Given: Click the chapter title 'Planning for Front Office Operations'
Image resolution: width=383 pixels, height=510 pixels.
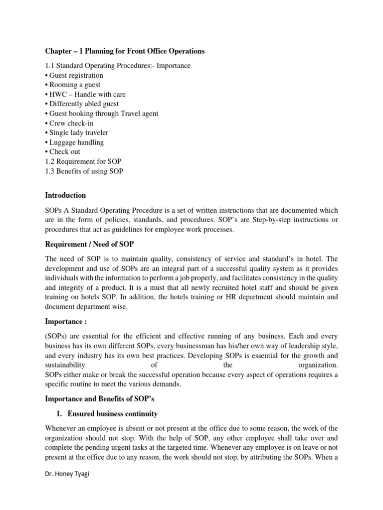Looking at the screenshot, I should [x=125, y=51].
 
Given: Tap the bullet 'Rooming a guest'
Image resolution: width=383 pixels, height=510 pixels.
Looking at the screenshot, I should [x=72, y=85].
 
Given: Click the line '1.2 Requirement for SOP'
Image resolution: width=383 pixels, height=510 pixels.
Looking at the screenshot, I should [x=82, y=161].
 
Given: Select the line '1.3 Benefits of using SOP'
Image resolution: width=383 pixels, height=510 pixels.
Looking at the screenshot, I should [x=84, y=171].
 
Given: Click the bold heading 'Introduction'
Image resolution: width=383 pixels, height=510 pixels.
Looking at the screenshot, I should [x=65, y=195].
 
